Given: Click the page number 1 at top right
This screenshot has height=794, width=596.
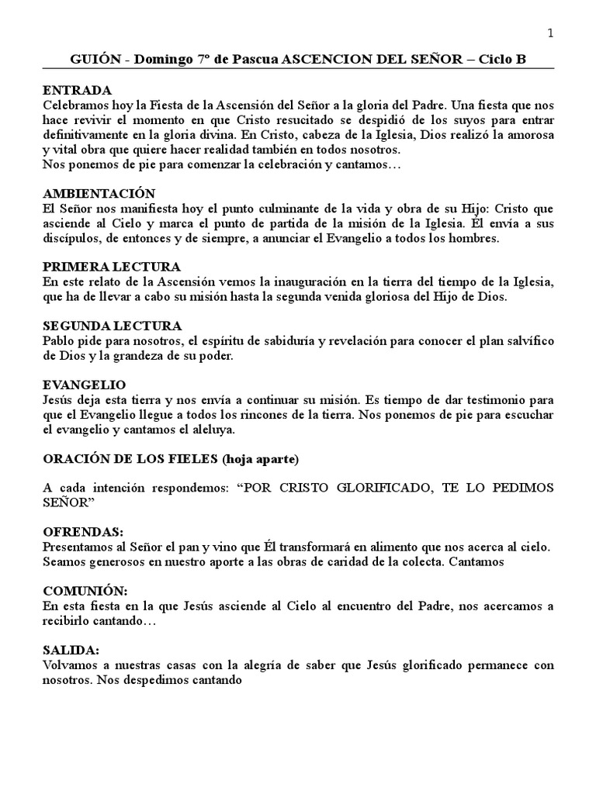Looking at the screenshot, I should pos(550,33).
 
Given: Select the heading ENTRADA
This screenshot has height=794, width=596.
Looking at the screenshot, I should pos(77,90).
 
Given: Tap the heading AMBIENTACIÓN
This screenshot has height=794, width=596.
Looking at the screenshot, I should pos(99,193).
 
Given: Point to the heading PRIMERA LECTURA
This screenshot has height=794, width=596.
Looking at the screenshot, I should pos(112,267).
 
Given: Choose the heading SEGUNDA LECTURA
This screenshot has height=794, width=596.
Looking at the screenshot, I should pos(113,326).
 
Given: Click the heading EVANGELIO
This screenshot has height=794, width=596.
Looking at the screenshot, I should pos(84,385).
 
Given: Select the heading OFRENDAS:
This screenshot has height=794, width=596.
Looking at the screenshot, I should pos(83,532).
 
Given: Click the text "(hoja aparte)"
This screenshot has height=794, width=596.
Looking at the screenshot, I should pos(260,458).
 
